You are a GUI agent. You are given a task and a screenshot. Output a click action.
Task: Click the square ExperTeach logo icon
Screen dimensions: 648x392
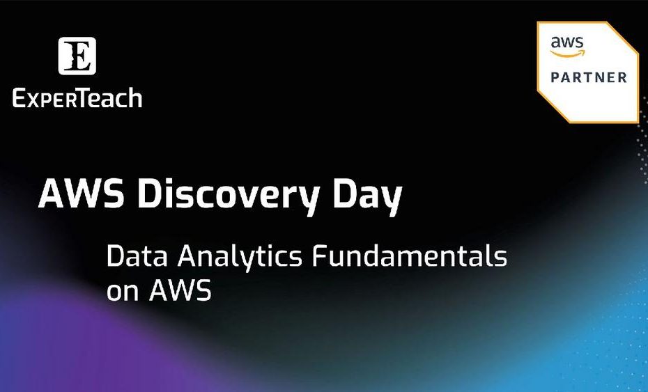coord(77,56)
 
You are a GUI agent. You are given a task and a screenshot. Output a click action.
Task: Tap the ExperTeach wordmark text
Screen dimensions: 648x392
coord(77,99)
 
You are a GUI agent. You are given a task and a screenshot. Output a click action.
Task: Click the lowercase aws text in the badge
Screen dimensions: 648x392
coord(567,42)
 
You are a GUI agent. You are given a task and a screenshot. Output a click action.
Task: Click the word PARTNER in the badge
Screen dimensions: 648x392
coord(589,77)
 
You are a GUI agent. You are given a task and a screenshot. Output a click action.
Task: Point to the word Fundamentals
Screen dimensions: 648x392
coord(410,256)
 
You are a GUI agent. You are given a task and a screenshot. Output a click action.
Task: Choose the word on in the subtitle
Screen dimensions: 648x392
coord(123,291)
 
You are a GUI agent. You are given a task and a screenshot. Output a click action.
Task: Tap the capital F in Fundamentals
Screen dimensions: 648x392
coord(320,256)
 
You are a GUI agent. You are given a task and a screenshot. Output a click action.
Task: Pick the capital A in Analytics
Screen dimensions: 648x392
coord(188,256)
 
